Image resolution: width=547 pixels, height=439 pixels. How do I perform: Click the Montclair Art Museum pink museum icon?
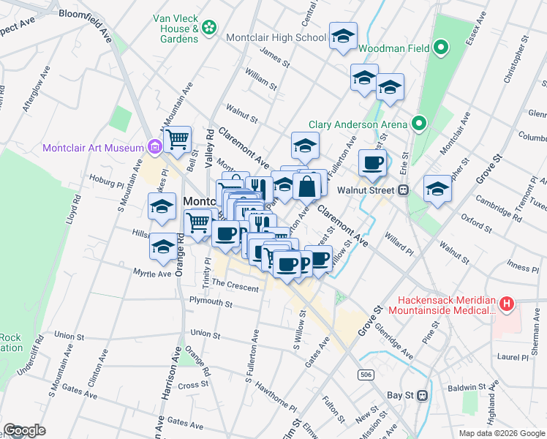154,148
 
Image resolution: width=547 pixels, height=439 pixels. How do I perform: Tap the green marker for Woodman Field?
440,49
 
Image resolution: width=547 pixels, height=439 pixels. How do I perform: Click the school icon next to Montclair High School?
342,37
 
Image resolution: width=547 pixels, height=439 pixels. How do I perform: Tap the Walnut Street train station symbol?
402,190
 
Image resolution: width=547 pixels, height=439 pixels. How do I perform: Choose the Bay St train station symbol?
422,395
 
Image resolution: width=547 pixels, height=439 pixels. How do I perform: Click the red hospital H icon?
507,303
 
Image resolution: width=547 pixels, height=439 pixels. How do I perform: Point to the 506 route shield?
366,375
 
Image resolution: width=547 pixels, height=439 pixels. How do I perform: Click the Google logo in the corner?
24,429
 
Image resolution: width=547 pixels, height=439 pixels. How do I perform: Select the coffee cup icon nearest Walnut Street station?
372,163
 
